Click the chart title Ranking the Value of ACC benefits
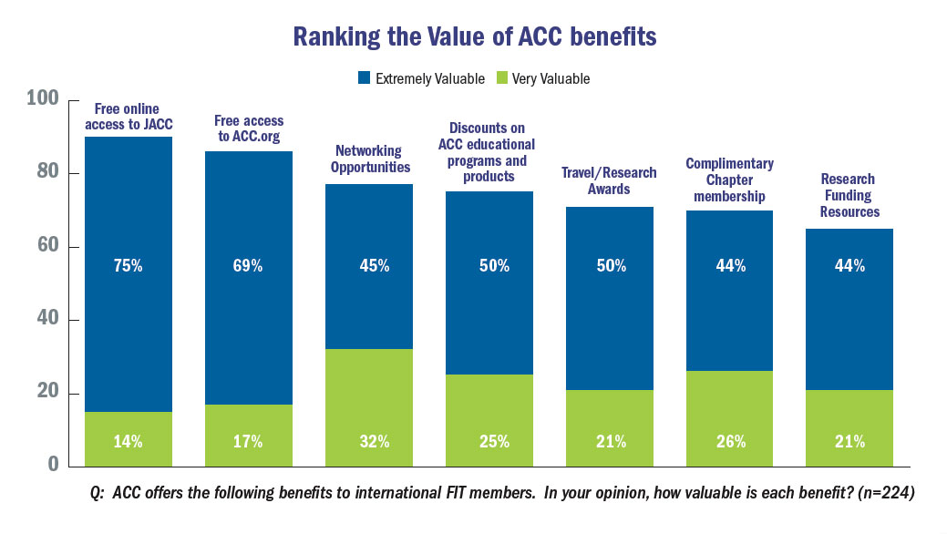click(473, 37)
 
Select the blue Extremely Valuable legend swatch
click(363, 78)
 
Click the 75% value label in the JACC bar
click(129, 266)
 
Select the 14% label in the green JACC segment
click(129, 442)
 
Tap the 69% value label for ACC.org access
click(248, 266)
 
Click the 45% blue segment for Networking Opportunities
click(368, 266)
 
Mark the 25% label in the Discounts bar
click(489, 442)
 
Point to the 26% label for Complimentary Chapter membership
click(730, 442)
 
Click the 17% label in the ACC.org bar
click(248, 442)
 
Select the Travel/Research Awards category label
click(609, 180)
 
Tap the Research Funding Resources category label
click(849, 195)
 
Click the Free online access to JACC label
click(129, 118)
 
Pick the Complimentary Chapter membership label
click(730, 180)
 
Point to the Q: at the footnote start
click(98, 493)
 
